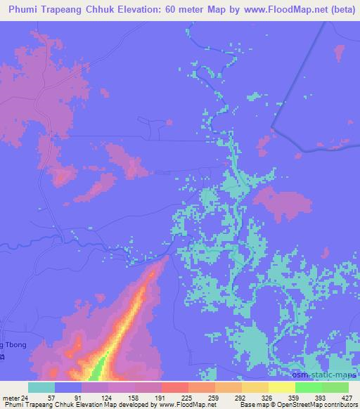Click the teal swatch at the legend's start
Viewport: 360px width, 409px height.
(41, 387)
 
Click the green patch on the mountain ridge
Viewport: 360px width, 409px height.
(99, 367)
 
